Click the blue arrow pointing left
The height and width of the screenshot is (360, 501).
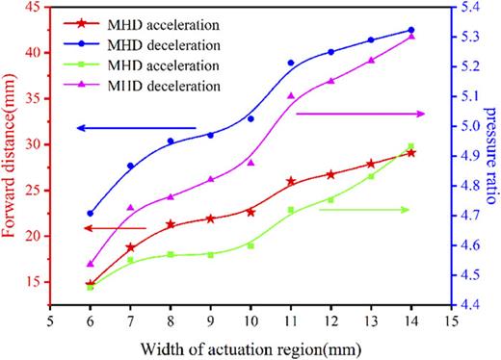(x=137, y=128)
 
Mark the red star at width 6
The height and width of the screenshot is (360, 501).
(x=91, y=284)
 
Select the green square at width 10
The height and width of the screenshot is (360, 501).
(x=250, y=245)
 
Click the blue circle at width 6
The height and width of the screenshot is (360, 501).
(x=91, y=214)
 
